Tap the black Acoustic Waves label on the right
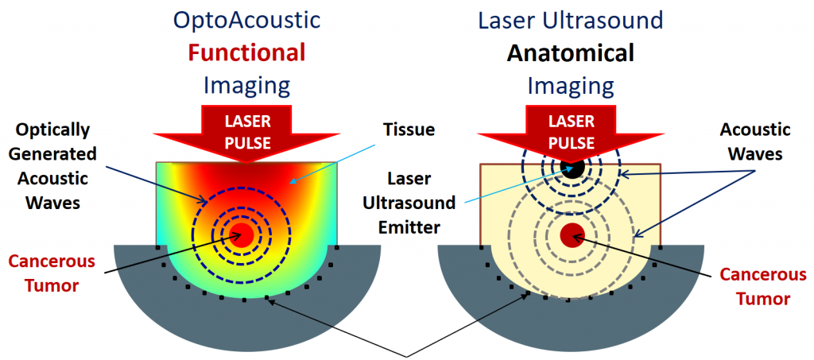[754, 140]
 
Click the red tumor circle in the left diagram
[242, 234]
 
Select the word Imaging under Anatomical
[572, 85]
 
